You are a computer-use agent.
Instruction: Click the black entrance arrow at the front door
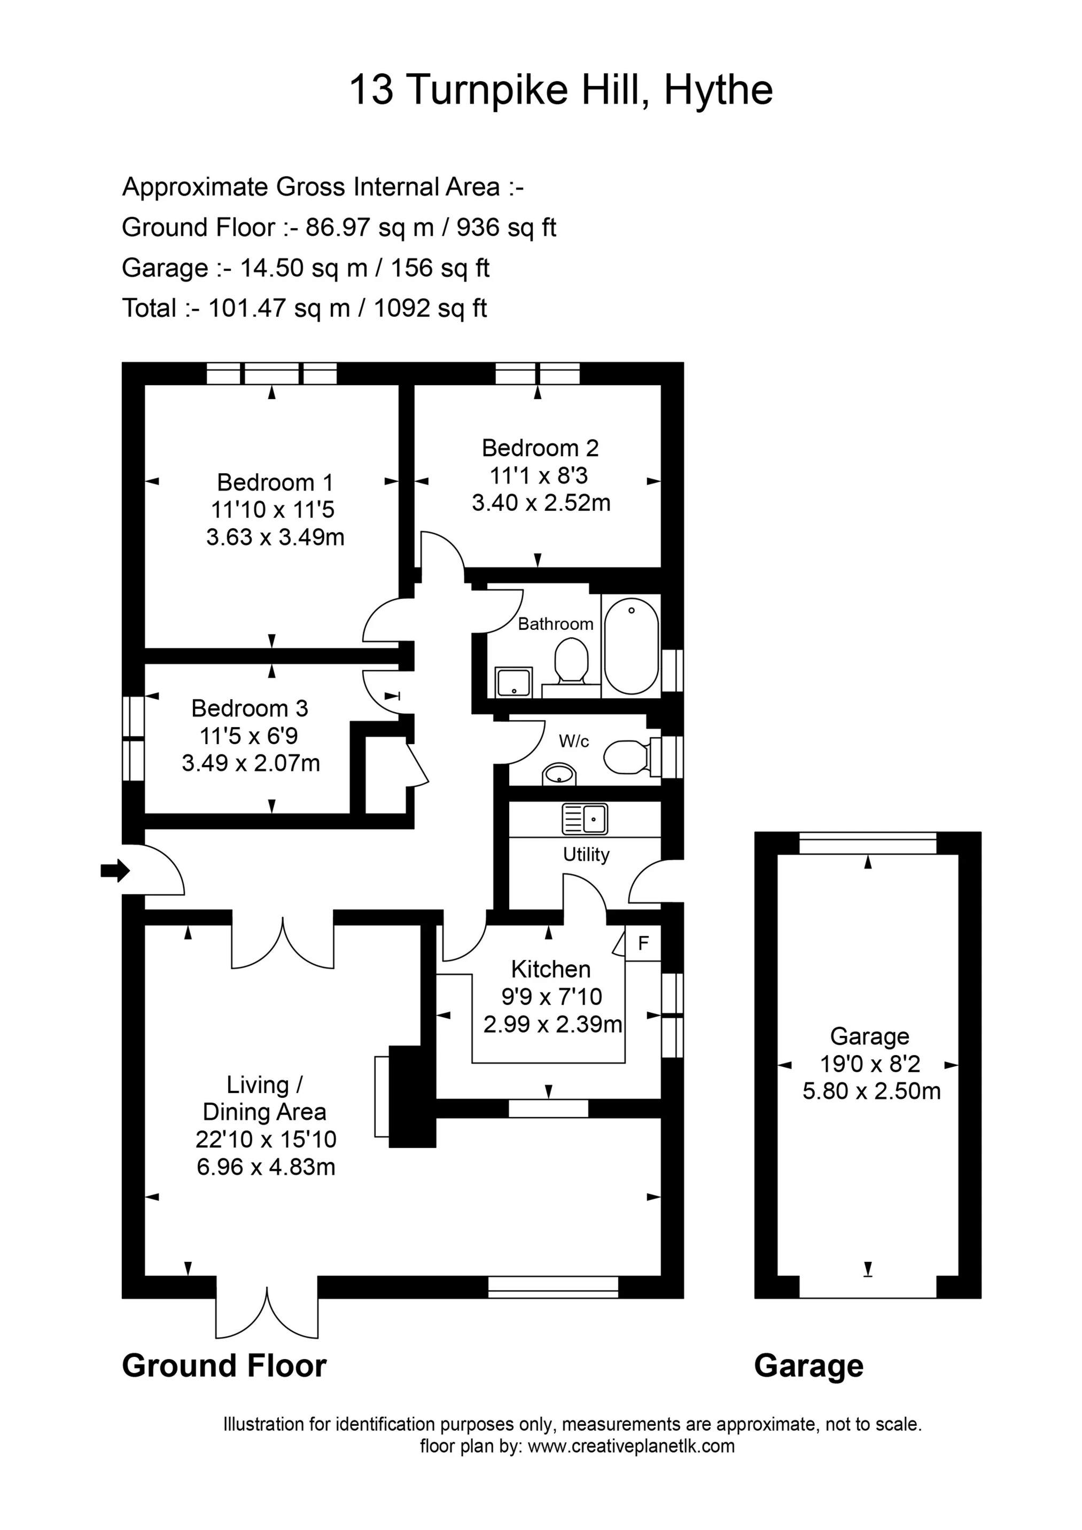click(115, 870)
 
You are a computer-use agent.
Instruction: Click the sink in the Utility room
click(585, 819)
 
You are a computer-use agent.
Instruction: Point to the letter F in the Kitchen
click(643, 943)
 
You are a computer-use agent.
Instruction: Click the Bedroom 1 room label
click(275, 482)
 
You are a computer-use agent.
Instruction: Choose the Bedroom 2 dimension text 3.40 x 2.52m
click(541, 503)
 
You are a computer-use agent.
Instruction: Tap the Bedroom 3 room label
click(250, 708)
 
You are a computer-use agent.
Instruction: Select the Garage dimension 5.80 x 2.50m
click(871, 1091)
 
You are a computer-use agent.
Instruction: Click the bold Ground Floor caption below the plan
click(224, 1365)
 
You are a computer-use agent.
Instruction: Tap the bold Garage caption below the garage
click(808, 1366)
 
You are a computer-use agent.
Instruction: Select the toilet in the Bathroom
click(571, 660)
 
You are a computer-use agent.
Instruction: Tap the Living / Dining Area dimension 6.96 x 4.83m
click(266, 1167)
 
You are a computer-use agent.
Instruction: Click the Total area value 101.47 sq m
click(279, 309)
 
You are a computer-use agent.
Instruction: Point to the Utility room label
click(586, 855)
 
